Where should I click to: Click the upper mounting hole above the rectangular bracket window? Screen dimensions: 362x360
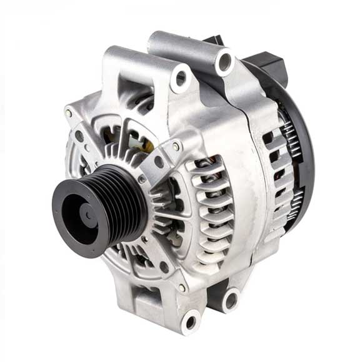(x=181, y=79)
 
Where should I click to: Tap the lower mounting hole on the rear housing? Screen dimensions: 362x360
(x=231, y=300)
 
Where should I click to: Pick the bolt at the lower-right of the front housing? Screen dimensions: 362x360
(x=182, y=287)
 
